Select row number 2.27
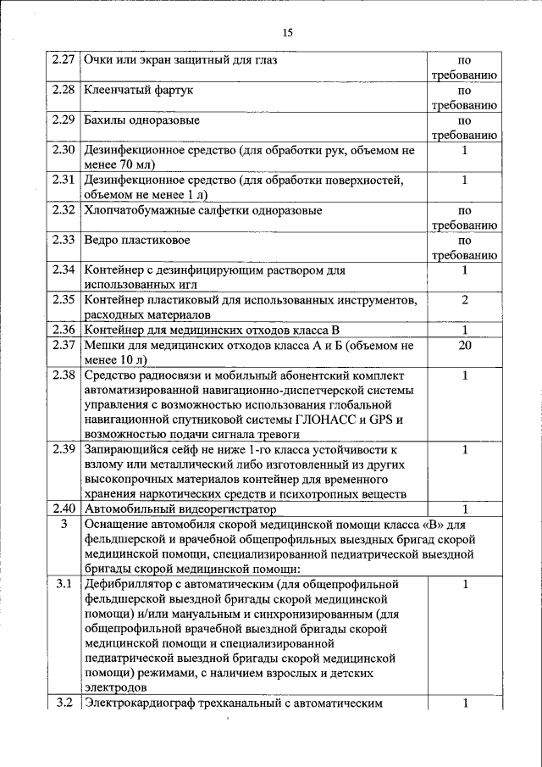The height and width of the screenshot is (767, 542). pos(64,61)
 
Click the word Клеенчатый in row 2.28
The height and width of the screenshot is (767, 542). pos(115,89)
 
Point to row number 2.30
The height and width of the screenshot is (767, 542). pos(64,150)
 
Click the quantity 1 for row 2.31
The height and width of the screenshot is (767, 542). pos(465,180)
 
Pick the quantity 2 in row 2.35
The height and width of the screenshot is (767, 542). pos(465,300)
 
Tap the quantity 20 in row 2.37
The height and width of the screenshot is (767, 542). pos(465,345)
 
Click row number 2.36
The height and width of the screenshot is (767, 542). pos(64,330)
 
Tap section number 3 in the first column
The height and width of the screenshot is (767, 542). pos(64,525)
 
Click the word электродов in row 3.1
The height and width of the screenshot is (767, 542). pos(115,688)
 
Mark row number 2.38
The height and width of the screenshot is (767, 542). pos(64,375)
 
